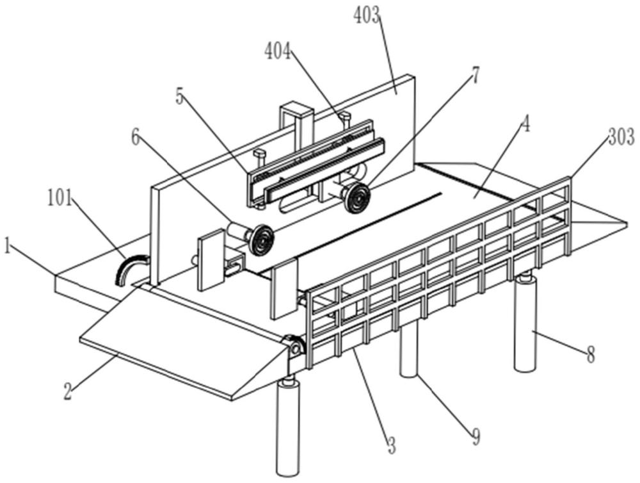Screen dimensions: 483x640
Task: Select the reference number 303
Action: pyautogui.click(x=620, y=136)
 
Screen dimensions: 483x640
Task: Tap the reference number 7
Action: pyautogui.click(x=474, y=75)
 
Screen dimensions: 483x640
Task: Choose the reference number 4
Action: pyautogui.click(x=525, y=126)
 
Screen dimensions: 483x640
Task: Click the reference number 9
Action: pyautogui.click(x=474, y=438)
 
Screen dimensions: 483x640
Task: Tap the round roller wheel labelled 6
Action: pyautogui.click(x=260, y=240)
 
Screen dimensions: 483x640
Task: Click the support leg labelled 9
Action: pyautogui.click(x=409, y=349)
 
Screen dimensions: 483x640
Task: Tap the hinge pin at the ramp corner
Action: pyautogui.click(x=296, y=347)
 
